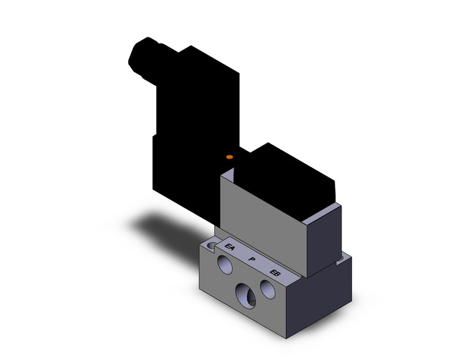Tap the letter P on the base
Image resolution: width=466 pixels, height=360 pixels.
(x=251, y=260)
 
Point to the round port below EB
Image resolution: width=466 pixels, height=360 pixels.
(x=267, y=289)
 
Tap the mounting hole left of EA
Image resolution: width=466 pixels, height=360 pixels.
(x=212, y=246)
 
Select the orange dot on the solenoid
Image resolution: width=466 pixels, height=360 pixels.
(x=229, y=158)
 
